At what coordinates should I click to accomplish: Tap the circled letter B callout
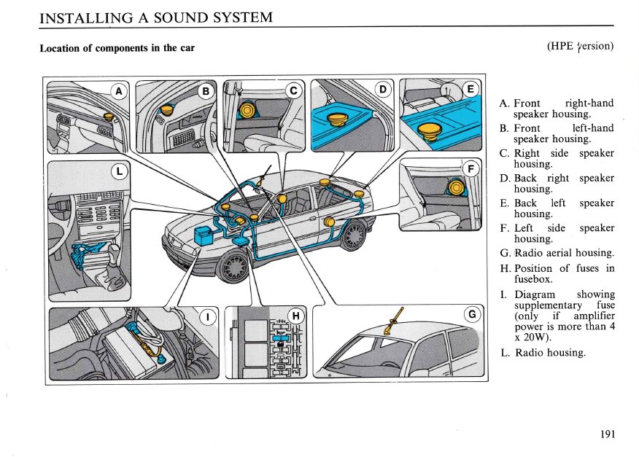(x=206, y=91)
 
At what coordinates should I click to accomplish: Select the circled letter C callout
(x=293, y=91)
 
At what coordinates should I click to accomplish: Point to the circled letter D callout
(x=382, y=90)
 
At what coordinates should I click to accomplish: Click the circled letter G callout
(x=472, y=316)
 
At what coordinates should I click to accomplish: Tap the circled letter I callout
(x=209, y=316)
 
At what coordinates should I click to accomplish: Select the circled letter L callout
(x=119, y=171)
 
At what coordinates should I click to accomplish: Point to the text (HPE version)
(x=580, y=47)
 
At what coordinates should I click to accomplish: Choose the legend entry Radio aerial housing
(x=563, y=253)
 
